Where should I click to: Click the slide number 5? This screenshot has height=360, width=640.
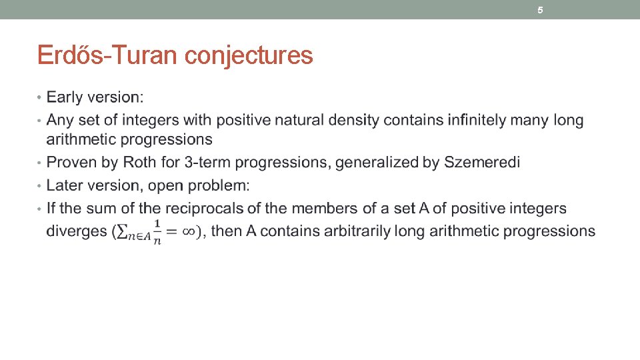tap(541, 10)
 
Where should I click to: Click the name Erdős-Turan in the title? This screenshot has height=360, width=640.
tap(108, 55)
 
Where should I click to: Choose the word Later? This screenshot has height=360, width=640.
tap(66, 185)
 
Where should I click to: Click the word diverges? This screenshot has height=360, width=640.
tap(76, 231)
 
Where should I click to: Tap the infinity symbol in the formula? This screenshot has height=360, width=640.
tap(191, 231)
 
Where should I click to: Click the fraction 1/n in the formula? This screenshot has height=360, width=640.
tap(157, 231)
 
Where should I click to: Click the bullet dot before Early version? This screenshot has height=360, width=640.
tap(39, 98)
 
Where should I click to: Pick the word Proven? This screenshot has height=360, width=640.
tap(73, 163)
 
